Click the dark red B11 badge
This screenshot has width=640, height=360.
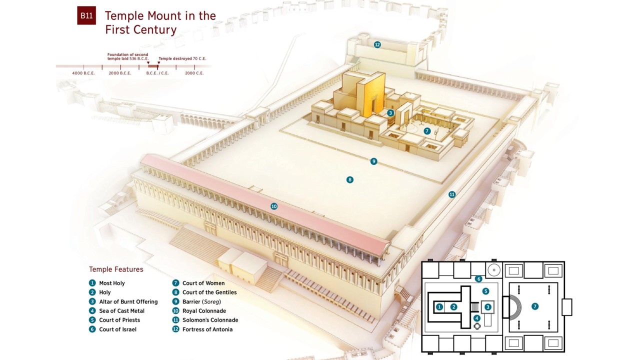(x=86, y=15)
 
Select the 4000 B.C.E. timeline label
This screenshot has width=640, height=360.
(x=83, y=73)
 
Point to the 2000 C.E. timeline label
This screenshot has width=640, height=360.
(x=194, y=73)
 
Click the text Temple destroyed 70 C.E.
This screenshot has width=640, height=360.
(x=182, y=58)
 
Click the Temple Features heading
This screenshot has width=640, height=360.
(x=116, y=269)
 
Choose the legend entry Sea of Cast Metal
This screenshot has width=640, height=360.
(x=121, y=311)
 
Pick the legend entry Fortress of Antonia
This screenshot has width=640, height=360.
(x=207, y=329)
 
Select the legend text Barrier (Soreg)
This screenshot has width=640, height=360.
(x=201, y=301)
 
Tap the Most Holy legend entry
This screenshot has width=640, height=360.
(x=111, y=283)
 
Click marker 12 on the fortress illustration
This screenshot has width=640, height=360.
(x=377, y=44)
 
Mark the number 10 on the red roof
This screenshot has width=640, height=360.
(x=274, y=206)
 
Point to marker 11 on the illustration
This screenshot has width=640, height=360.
(x=452, y=194)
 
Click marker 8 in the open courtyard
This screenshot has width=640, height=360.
(x=350, y=179)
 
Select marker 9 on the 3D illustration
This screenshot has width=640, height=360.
(x=373, y=161)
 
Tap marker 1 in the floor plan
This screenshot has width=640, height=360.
(x=439, y=306)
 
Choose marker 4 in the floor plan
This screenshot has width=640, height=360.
(x=477, y=318)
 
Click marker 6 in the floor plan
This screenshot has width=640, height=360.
(x=478, y=279)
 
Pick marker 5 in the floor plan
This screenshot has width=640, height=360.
(x=485, y=291)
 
